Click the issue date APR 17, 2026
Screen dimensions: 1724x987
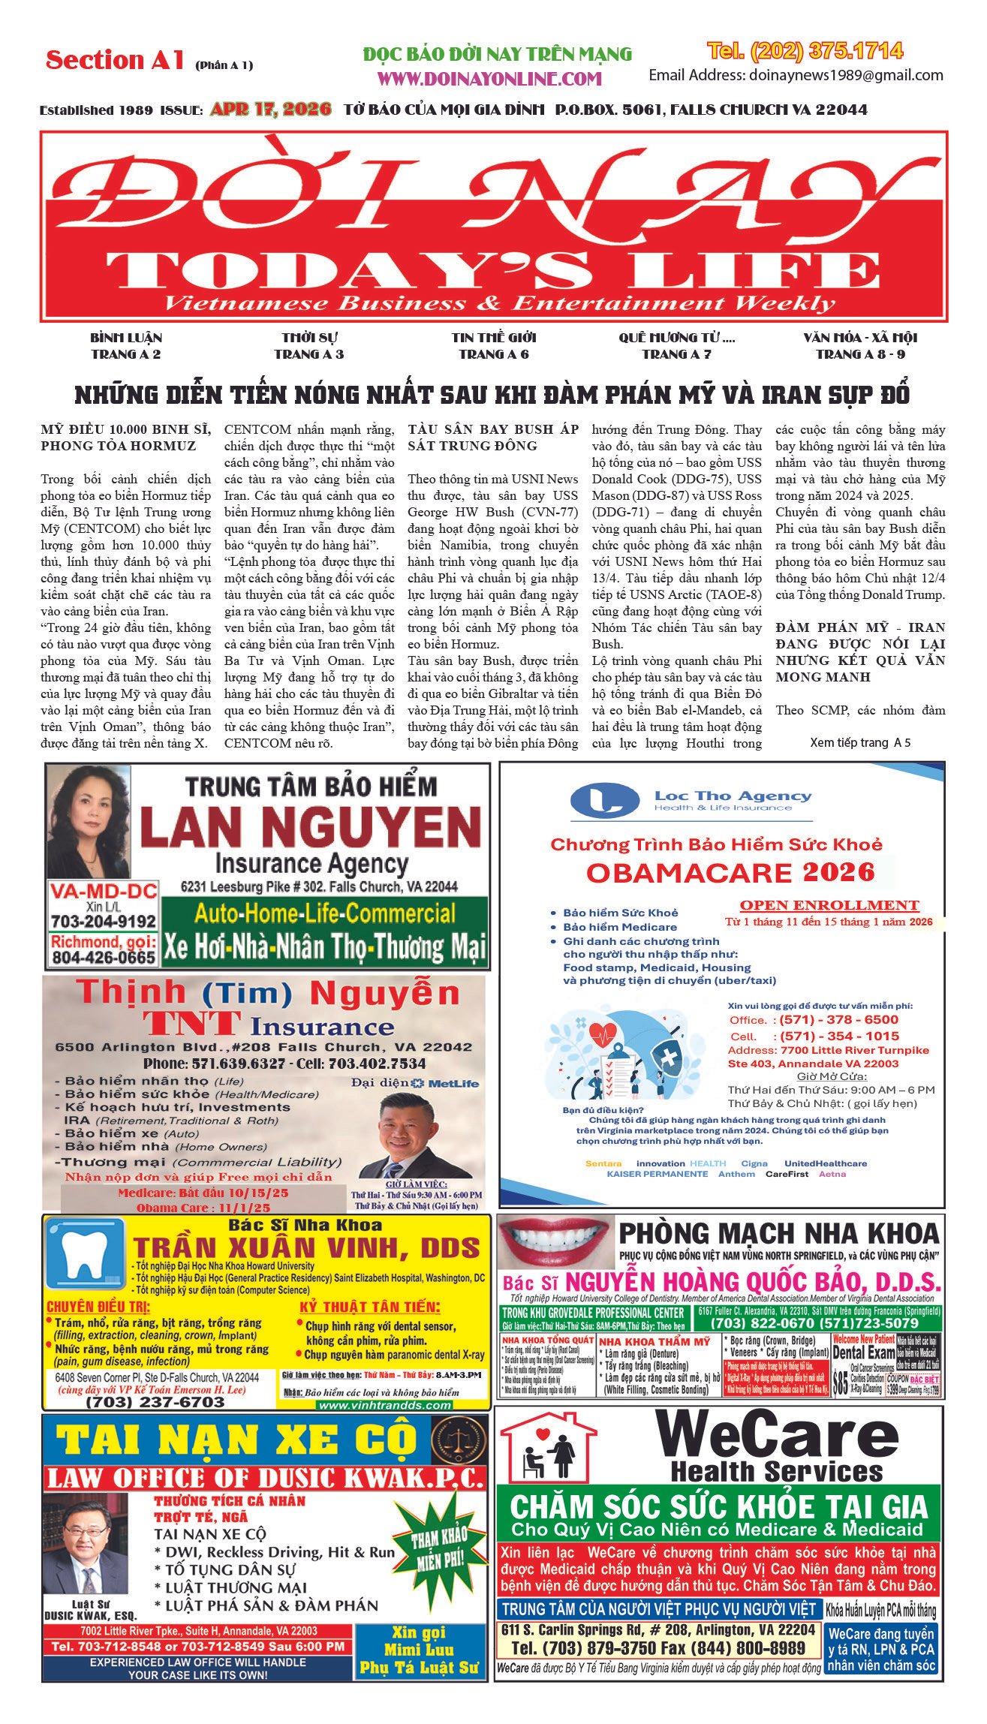point(270,110)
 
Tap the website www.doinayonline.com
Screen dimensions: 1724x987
point(489,79)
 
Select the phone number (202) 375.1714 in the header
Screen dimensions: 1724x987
point(805,51)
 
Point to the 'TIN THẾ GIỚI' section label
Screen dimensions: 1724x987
point(494,338)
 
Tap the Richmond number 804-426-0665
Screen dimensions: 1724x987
point(104,958)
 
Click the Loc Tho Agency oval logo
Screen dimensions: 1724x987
point(604,801)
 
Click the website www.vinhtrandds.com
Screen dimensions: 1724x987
point(384,1405)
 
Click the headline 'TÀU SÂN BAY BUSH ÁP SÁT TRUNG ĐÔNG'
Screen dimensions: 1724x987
point(493,438)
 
